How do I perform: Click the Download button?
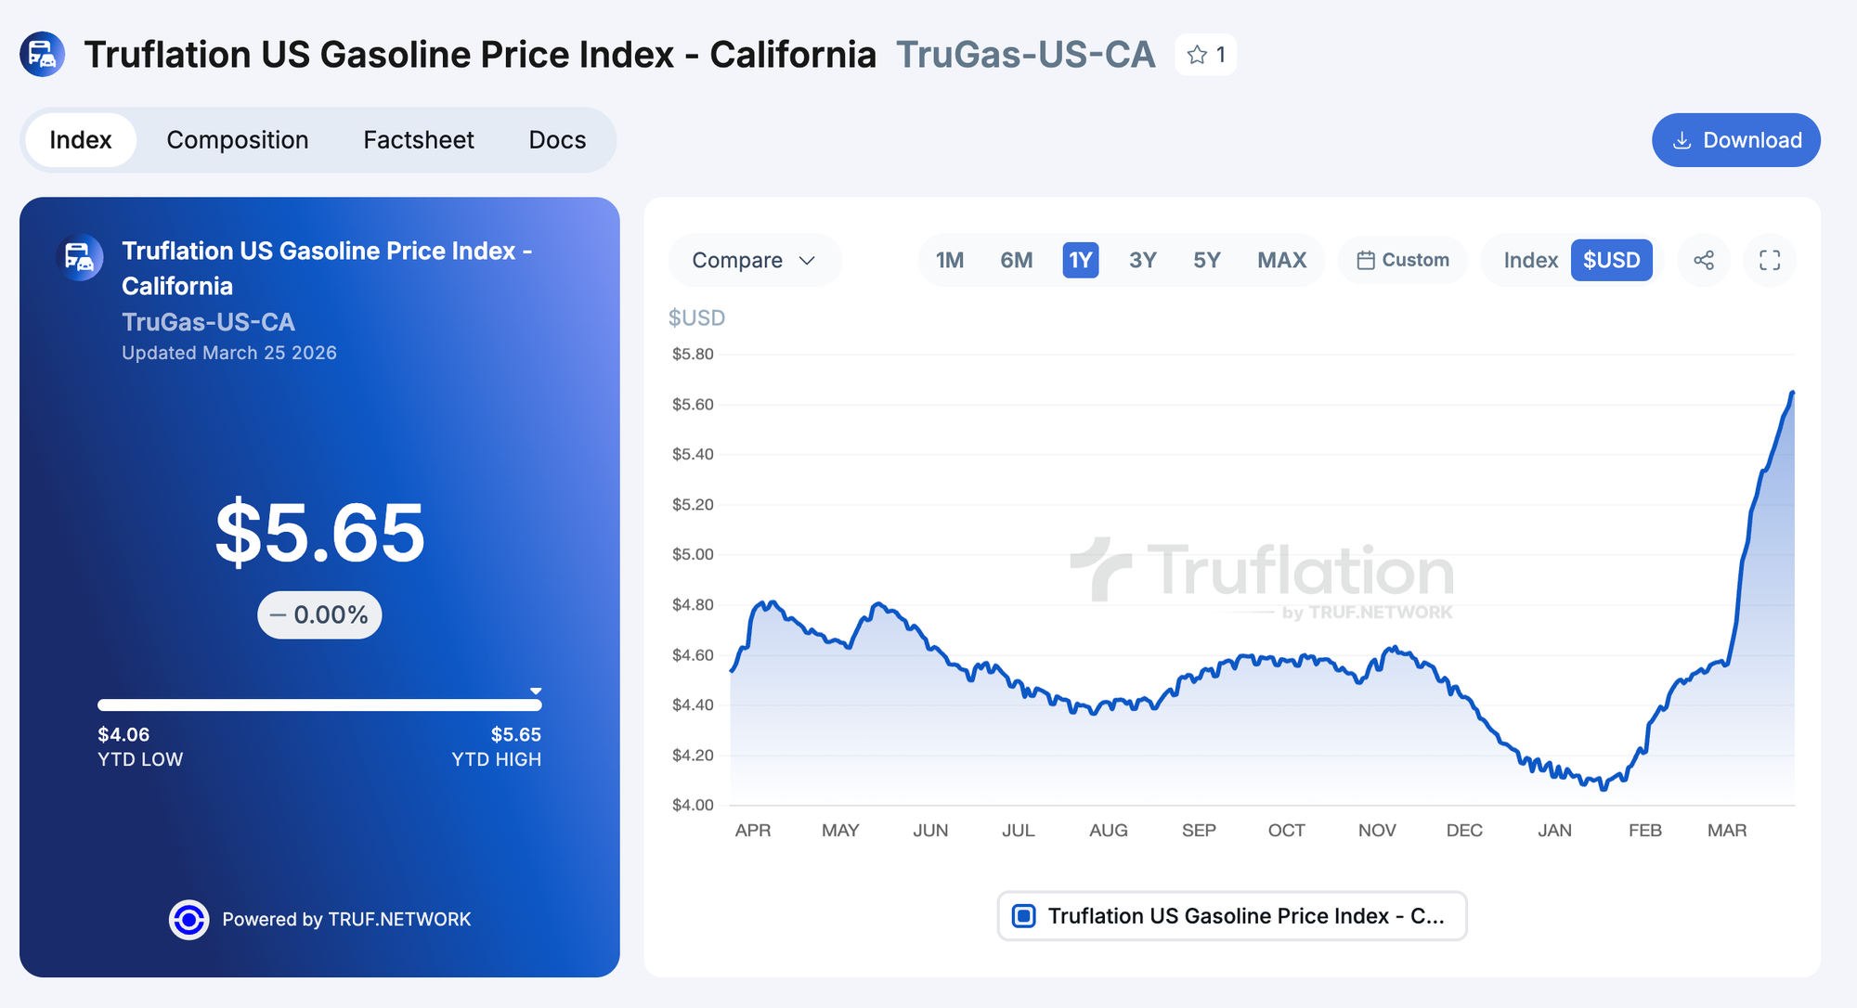pos(1735,140)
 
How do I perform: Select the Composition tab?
pos(238,140)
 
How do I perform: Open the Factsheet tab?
pos(419,140)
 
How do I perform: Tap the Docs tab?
pos(557,140)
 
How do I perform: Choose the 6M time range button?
pos(1016,260)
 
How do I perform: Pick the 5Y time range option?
pos(1206,260)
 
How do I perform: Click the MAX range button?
pos(1281,260)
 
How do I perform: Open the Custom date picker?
pos(1403,260)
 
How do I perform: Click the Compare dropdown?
pos(754,260)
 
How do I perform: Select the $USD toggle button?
pos(1611,260)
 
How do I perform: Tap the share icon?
pos(1704,260)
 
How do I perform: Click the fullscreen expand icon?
pos(1770,260)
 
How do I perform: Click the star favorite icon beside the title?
pos(1198,55)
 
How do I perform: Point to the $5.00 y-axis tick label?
pos(693,554)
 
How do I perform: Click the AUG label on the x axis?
pos(1108,830)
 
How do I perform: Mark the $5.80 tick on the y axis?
pos(693,354)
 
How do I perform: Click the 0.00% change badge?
pos(319,614)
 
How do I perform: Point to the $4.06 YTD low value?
pos(123,734)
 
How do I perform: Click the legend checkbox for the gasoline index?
pos(1023,916)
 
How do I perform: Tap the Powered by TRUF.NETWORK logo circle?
pos(188,919)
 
